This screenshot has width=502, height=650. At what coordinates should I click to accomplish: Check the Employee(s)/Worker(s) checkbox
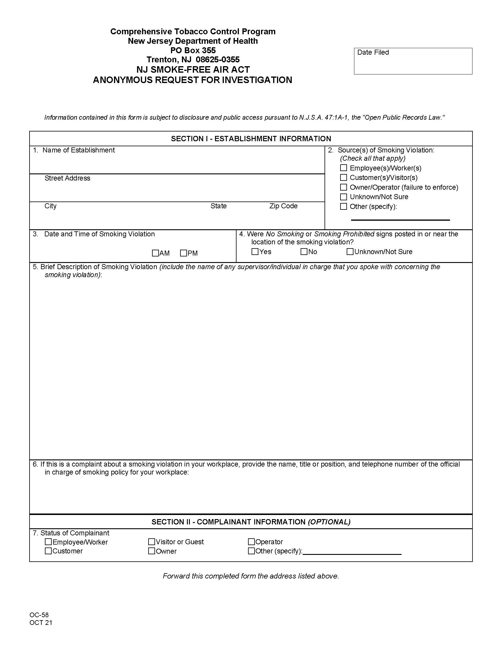point(343,168)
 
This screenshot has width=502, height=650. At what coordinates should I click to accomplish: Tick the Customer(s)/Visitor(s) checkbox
point(343,177)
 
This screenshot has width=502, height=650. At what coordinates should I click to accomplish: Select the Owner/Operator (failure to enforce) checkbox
point(343,187)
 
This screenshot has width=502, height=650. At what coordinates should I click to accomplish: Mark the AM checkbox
point(155,253)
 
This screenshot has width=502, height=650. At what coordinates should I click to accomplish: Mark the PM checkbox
point(183,253)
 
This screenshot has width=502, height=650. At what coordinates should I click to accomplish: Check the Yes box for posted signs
point(255,251)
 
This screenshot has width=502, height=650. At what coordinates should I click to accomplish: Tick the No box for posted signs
point(304,251)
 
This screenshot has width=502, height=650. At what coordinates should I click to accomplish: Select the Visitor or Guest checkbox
point(152,541)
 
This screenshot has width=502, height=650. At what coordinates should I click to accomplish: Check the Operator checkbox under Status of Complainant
point(251,541)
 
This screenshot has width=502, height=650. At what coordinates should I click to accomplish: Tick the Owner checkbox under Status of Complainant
point(152,551)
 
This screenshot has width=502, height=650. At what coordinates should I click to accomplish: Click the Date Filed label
point(373,52)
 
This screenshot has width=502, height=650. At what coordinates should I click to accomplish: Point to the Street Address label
point(67,178)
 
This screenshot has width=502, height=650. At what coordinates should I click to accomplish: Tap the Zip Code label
point(283,206)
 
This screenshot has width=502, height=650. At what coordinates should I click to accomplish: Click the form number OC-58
point(39,615)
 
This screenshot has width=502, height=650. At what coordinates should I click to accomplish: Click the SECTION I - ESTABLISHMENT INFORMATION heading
point(251,139)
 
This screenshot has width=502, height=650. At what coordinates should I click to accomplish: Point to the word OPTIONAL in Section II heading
point(329,522)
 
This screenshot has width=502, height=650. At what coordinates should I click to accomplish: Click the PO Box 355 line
point(193,50)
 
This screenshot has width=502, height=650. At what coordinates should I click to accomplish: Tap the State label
point(218,206)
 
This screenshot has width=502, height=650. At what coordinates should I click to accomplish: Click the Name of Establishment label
point(79,150)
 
